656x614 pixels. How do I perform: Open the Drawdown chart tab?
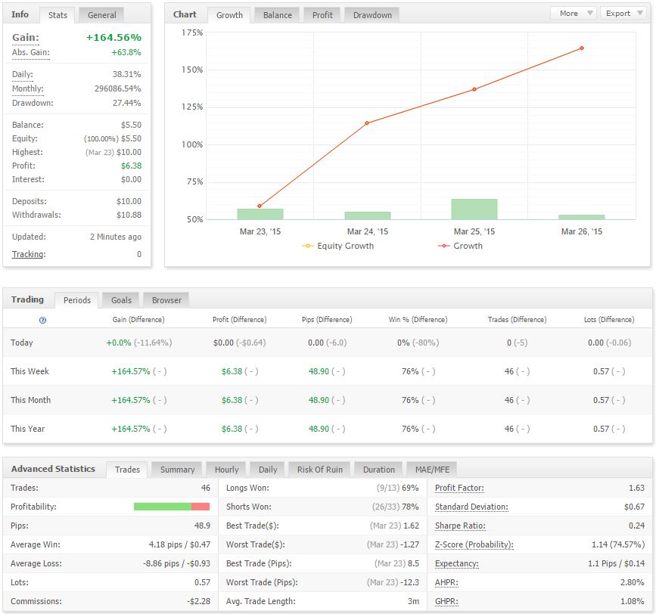[x=372, y=15]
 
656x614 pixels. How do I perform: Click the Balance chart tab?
[x=278, y=15]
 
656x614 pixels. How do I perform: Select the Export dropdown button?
[x=623, y=14]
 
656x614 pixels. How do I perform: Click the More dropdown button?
[x=574, y=14]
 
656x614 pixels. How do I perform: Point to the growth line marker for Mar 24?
[x=367, y=123]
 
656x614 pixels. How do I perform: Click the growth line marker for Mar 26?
[x=582, y=48]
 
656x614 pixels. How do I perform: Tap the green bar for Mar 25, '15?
[x=474, y=209]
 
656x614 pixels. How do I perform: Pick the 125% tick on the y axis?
[x=192, y=107]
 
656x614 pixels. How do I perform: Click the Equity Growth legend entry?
[x=338, y=246]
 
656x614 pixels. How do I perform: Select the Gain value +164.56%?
[x=113, y=37]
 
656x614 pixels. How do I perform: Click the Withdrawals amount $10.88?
[x=129, y=215]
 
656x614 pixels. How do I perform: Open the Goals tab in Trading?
[x=121, y=300]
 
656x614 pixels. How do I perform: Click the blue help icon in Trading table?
[x=42, y=320]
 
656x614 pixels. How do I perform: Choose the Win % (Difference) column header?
[x=418, y=320]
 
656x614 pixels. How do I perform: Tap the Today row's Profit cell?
[x=239, y=343]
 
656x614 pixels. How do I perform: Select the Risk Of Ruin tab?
[x=319, y=470]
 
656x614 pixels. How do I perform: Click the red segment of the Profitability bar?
[x=201, y=507]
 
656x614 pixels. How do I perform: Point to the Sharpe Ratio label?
[x=460, y=526]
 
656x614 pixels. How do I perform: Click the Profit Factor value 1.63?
[x=636, y=488]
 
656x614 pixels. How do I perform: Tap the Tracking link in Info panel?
[x=29, y=254]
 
